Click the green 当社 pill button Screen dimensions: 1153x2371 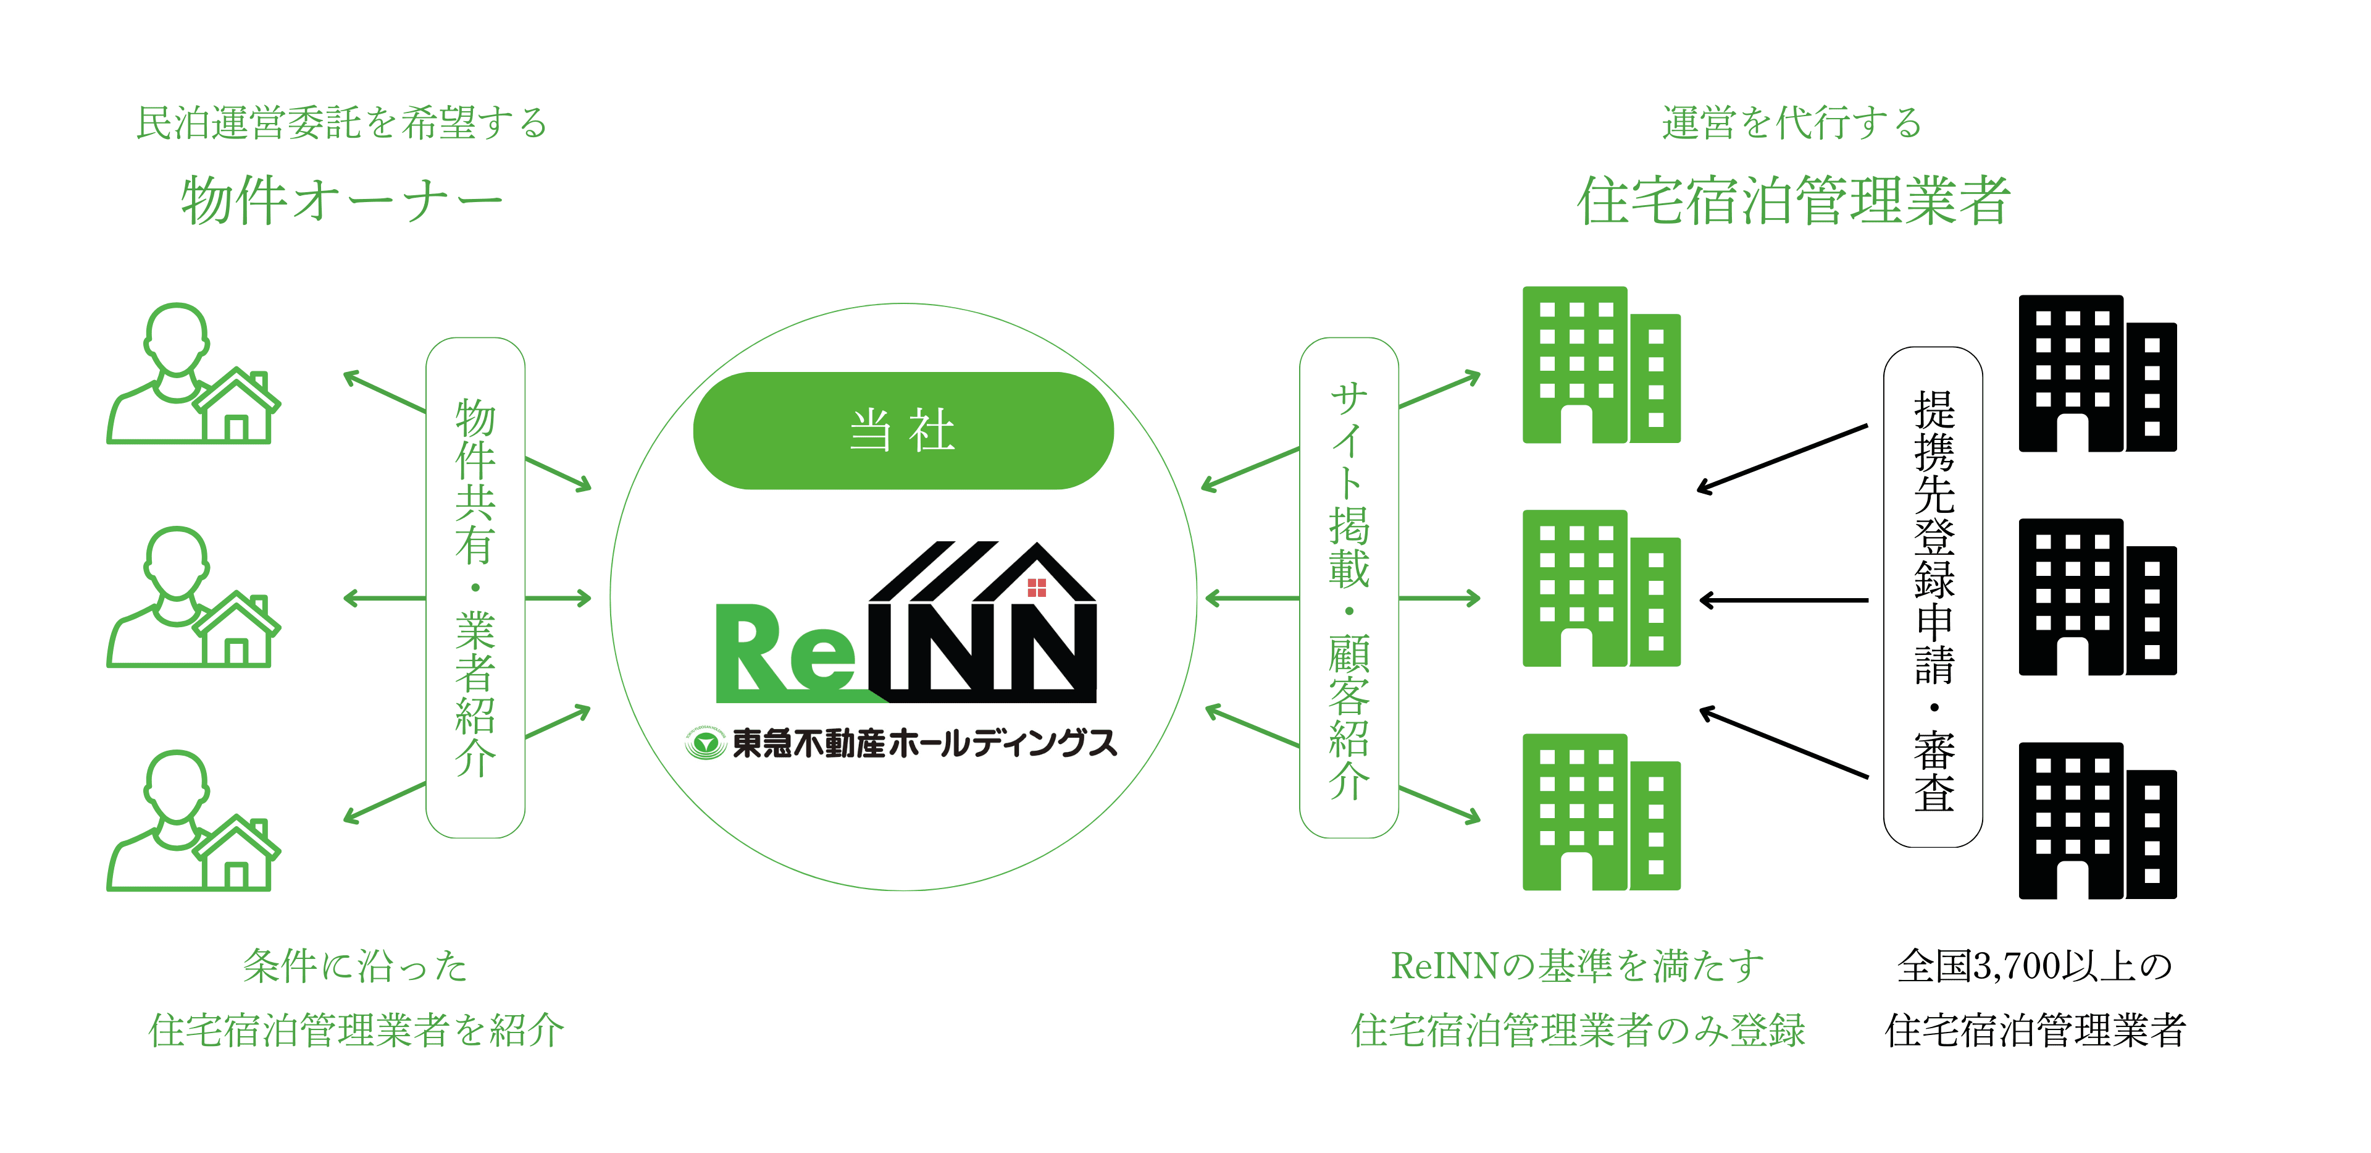[x=903, y=430]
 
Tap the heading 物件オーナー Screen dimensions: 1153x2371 [x=341, y=201]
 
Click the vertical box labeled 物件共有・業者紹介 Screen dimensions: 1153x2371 [x=475, y=588]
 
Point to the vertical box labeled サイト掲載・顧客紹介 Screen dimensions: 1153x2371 [x=1349, y=588]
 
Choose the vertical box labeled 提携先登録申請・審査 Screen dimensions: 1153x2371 [x=1933, y=597]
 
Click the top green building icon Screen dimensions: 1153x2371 [x=1600, y=366]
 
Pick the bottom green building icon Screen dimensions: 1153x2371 [x=1600, y=813]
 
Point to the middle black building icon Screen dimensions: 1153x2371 [x=2097, y=598]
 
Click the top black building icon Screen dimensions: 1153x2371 [x=2097, y=374]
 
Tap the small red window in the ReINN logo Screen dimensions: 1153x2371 [x=1037, y=588]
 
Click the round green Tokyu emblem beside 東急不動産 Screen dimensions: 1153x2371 [x=706, y=742]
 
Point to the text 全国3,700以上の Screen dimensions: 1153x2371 [x=2034, y=966]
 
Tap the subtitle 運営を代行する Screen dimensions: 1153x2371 [x=1791, y=122]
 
